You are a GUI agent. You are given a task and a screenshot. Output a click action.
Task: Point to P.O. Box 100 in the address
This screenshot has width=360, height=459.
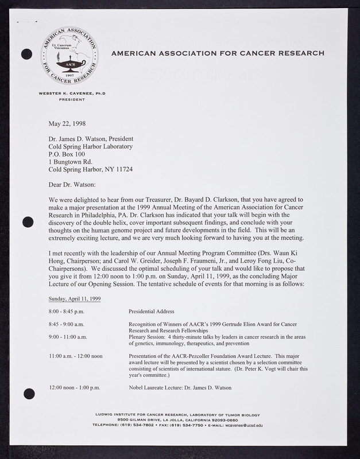[x=67, y=154]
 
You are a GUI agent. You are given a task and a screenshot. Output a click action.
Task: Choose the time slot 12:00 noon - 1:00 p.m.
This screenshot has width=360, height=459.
[x=75, y=387]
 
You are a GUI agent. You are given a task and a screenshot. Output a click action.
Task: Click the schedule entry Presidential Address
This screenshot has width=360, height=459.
[x=151, y=312]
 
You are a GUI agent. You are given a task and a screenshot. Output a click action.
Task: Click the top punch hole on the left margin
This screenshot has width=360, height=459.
[x=26, y=55]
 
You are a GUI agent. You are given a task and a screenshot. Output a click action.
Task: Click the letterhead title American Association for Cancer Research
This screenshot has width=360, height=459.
[x=218, y=53]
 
